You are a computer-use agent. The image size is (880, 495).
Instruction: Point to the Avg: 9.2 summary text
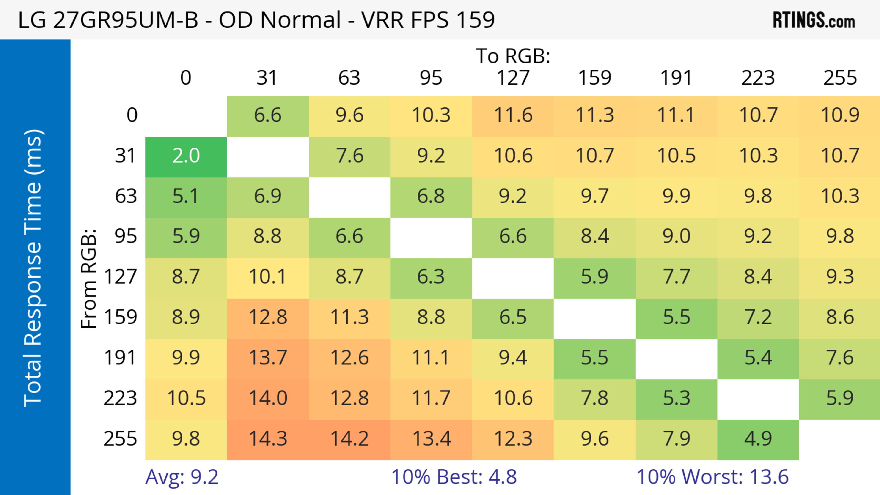pyautogui.click(x=181, y=477)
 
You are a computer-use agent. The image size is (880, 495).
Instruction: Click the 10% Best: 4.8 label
pyautogui.click(x=454, y=477)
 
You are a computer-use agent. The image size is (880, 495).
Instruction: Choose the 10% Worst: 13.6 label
pyautogui.click(x=712, y=477)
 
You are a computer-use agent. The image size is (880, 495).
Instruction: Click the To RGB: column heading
pyautogui.click(x=513, y=56)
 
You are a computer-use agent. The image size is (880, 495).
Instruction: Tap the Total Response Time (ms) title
pyautogui.click(x=33, y=268)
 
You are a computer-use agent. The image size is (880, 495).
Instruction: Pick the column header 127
pyautogui.click(x=513, y=78)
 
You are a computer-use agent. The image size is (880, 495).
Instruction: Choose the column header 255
pyautogui.click(x=840, y=78)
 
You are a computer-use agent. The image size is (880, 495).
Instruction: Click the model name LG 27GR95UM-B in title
pyautogui.click(x=108, y=20)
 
